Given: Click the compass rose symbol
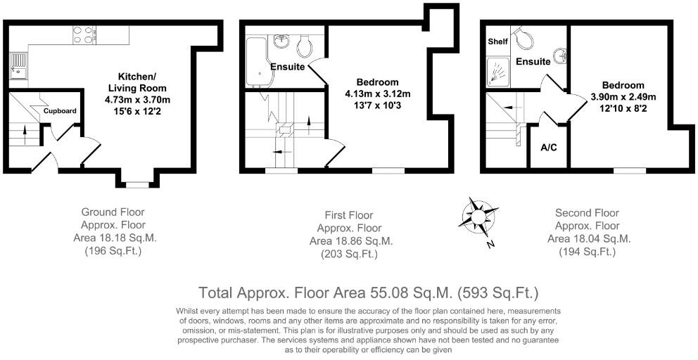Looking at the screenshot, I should click(477, 214).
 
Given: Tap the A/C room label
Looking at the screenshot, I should click(548, 148).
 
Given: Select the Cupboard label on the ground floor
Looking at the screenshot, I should click(60, 111).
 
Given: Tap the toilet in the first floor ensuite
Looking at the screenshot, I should click(304, 46).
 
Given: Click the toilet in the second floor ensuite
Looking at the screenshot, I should click(522, 35).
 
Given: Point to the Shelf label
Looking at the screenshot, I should click(497, 41).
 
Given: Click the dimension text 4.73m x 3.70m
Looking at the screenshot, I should click(137, 100).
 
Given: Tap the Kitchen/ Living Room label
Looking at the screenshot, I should click(137, 82).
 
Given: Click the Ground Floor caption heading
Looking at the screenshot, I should click(113, 212).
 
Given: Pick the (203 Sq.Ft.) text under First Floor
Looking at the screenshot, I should click(349, 254).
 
